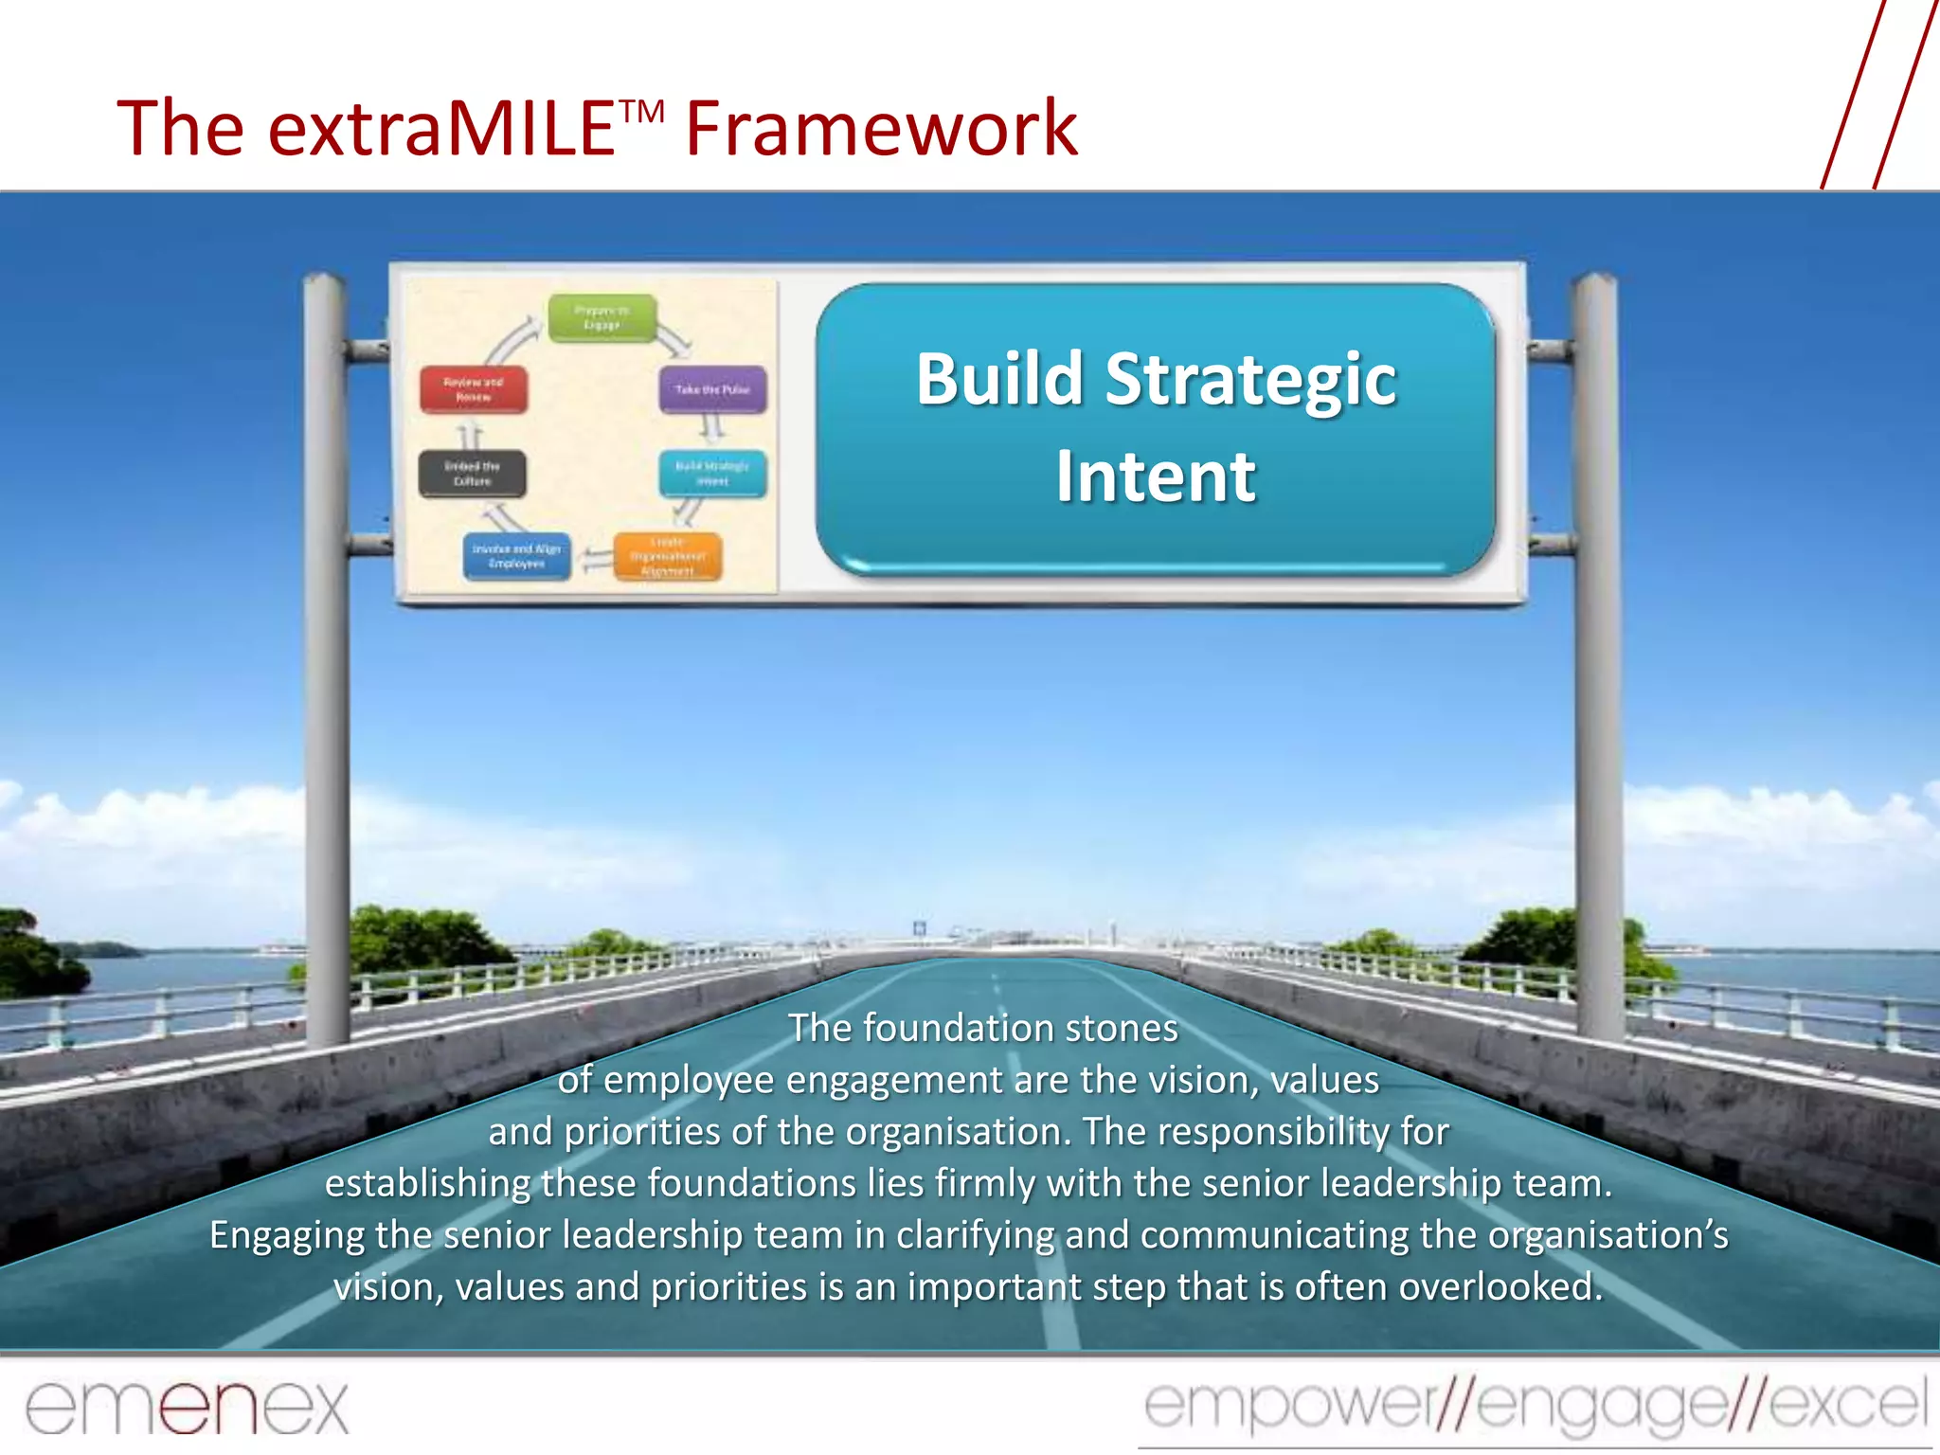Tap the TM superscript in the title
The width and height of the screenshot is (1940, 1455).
point(643,112)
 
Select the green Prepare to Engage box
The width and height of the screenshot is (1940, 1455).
point(602,317)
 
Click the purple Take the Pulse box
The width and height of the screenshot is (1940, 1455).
point(712,389)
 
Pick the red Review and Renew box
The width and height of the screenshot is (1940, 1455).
point(474,389)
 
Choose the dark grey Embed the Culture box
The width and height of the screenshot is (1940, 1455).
point(472,474)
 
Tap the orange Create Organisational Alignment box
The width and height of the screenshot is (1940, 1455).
point(668,557)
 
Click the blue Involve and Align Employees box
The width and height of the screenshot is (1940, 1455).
point(516,556)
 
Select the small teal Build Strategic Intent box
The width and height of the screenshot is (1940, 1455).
point(712,474)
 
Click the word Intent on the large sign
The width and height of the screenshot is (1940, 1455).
point(1156,476)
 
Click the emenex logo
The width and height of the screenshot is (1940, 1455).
point(187,1407)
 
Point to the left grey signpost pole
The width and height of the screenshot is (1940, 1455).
point(325,663)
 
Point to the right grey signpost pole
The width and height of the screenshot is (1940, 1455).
point(1597,663)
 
